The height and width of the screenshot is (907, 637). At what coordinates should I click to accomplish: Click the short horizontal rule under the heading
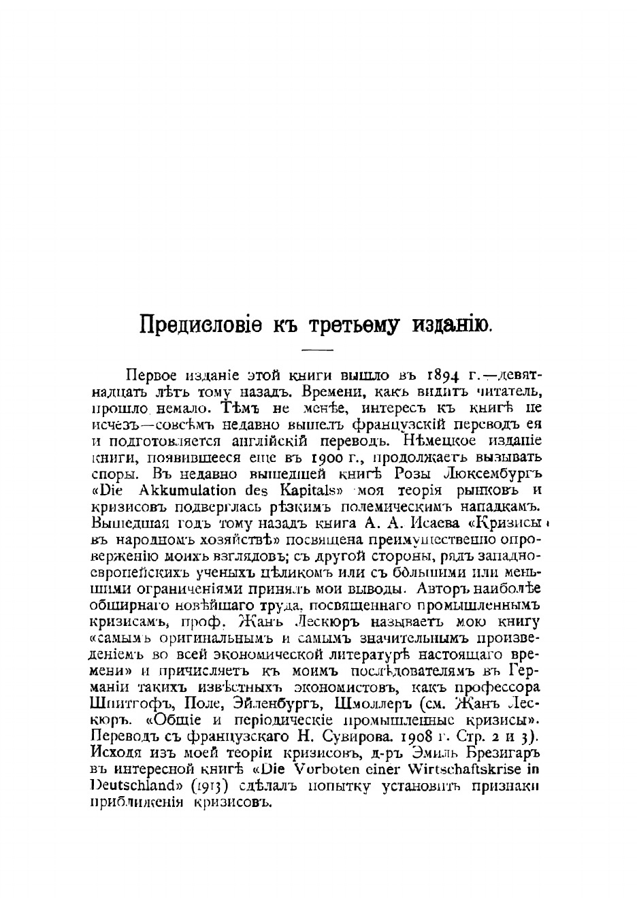[316, 350]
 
